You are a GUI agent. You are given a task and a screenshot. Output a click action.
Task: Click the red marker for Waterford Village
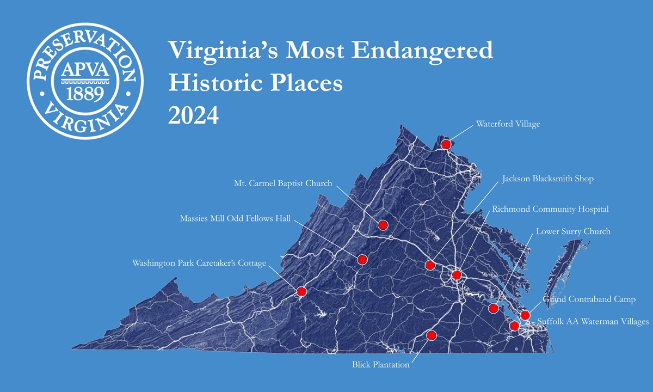(446, 144)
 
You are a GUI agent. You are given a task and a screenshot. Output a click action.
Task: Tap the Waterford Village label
(508, 124)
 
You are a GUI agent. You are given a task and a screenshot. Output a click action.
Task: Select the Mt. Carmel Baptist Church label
(283, 183)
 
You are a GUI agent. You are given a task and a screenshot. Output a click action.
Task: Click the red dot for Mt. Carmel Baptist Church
(383, 225)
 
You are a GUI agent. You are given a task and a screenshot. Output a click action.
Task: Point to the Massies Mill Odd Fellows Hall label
(236, 219)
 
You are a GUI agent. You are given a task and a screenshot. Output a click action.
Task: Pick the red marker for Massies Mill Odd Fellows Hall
(362, 260)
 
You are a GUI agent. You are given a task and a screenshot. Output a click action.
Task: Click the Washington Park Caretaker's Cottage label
(199, 264)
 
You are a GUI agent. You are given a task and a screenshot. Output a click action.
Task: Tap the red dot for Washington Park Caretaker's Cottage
(301, 291)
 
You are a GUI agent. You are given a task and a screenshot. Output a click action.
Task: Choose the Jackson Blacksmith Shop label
(547, 179)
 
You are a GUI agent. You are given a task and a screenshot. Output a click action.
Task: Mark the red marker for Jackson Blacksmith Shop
(430, 265)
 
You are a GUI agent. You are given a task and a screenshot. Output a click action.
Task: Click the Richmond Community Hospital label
(550, 209)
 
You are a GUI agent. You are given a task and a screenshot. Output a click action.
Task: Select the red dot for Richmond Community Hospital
(456, 275)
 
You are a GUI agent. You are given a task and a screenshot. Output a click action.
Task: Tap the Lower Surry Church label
(573, 232)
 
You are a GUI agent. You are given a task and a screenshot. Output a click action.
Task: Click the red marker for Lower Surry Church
(494, 308)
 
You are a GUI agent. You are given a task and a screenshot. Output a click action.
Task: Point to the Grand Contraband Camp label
(589, 299)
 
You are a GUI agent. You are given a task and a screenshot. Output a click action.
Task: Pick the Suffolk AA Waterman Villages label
(593, 322)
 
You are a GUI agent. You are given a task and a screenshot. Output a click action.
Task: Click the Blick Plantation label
(380, 365)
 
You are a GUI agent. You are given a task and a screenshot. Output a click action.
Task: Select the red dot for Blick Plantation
(432, 335)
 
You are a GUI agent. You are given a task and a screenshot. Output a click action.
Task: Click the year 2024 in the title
(193, 115)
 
